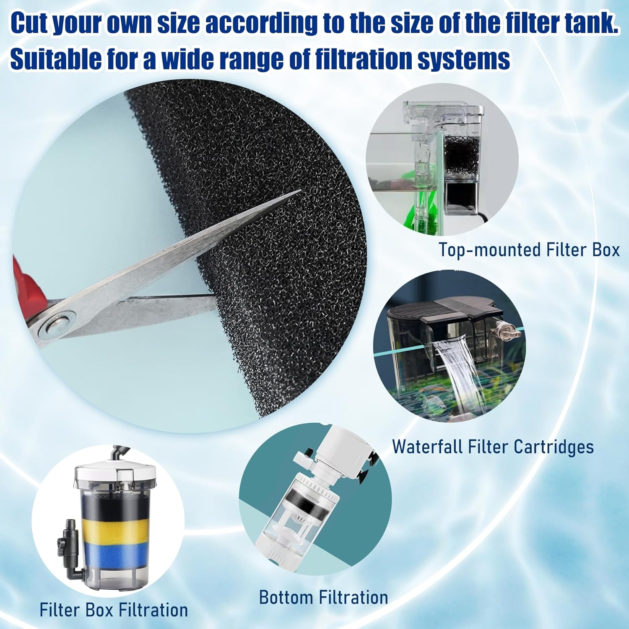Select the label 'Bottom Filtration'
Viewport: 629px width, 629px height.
tap(323, 598)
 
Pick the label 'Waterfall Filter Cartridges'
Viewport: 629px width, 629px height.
tap(493, 447)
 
